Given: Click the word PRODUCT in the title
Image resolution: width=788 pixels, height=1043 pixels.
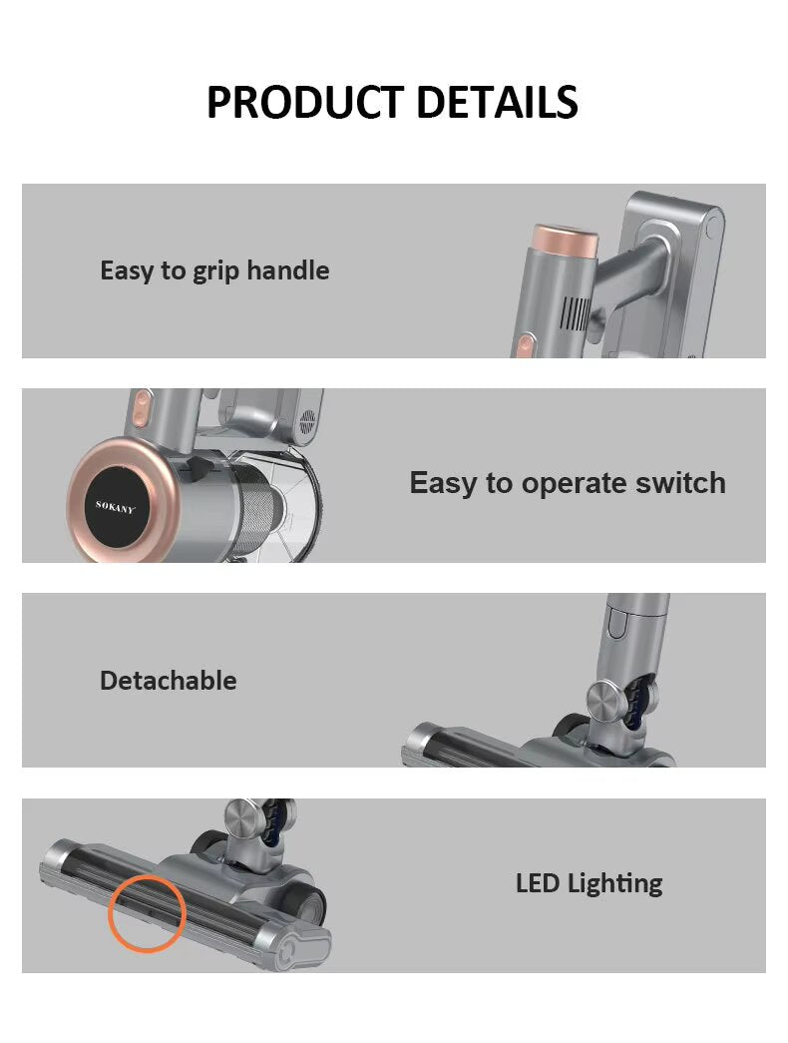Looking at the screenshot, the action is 305,102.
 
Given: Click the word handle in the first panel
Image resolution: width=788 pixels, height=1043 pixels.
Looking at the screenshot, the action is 288,270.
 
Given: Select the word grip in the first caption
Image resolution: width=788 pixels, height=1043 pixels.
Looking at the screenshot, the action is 216,272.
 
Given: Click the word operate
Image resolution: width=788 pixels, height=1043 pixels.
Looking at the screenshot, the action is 574,485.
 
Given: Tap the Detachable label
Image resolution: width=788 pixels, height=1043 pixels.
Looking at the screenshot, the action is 169,681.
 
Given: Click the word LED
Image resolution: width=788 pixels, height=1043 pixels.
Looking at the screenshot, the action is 538,883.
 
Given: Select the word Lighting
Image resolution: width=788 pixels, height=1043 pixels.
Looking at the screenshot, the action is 615,885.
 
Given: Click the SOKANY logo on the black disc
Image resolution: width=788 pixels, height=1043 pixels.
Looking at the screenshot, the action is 115,507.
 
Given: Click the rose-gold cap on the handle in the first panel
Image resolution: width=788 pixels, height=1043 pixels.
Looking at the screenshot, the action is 565,240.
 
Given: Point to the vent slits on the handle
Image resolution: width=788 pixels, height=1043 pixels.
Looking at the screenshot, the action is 575,314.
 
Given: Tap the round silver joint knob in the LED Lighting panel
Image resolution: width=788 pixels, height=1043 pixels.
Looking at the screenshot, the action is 241,818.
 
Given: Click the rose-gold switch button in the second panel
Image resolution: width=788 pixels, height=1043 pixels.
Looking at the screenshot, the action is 141,408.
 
